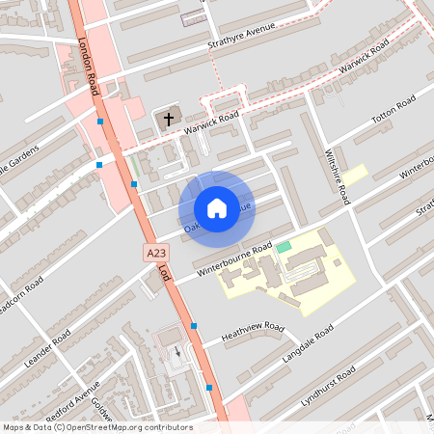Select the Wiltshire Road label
point(337,175)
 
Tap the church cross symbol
point(169,120)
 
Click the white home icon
point(217,207)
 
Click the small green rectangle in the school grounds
point(283,248)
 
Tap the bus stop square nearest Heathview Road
point(195,326)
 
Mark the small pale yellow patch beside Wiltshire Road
point(356,175)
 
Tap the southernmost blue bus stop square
point(209,388)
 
